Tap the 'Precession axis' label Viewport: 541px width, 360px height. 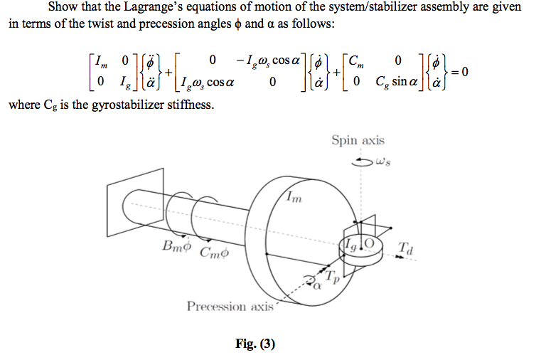[230, 307]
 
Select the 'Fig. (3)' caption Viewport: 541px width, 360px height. [255, 345]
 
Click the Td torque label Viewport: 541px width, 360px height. [406, 248]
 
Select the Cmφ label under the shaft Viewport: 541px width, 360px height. [215, 252]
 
